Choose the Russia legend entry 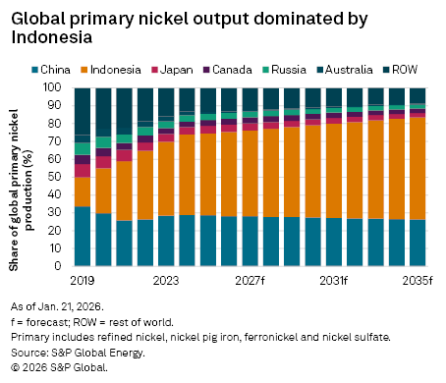[287, 70]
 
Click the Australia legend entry [346, 70]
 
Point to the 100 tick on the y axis [55, 87]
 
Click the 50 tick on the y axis [58, 177]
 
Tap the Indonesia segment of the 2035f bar [418, 168]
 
